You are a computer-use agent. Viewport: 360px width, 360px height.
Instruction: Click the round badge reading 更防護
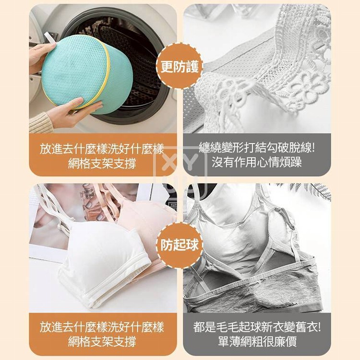[x=180, y=67]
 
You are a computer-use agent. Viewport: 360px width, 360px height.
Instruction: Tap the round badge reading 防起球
[x=180, y=245]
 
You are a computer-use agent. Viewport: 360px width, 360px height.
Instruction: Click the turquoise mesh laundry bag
[x=87, y=73]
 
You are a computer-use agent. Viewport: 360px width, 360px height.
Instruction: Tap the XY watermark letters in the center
[x=180, y=161]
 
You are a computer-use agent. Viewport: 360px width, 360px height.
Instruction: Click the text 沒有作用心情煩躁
[x=257, y=162]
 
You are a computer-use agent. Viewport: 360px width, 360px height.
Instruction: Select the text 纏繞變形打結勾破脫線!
[x=257, y=147]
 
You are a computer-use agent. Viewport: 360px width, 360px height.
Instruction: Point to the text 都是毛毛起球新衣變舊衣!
[x=257, y=327]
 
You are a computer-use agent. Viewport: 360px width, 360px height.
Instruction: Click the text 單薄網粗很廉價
[x=257, y=341]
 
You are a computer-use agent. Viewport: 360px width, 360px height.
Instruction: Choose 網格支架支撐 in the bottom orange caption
[x=102, y=341]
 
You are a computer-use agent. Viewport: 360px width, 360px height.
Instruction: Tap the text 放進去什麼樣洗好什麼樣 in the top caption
[x=102, y=149]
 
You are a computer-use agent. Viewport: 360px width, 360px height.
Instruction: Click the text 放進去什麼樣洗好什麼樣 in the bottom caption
[x=102, y=327]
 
